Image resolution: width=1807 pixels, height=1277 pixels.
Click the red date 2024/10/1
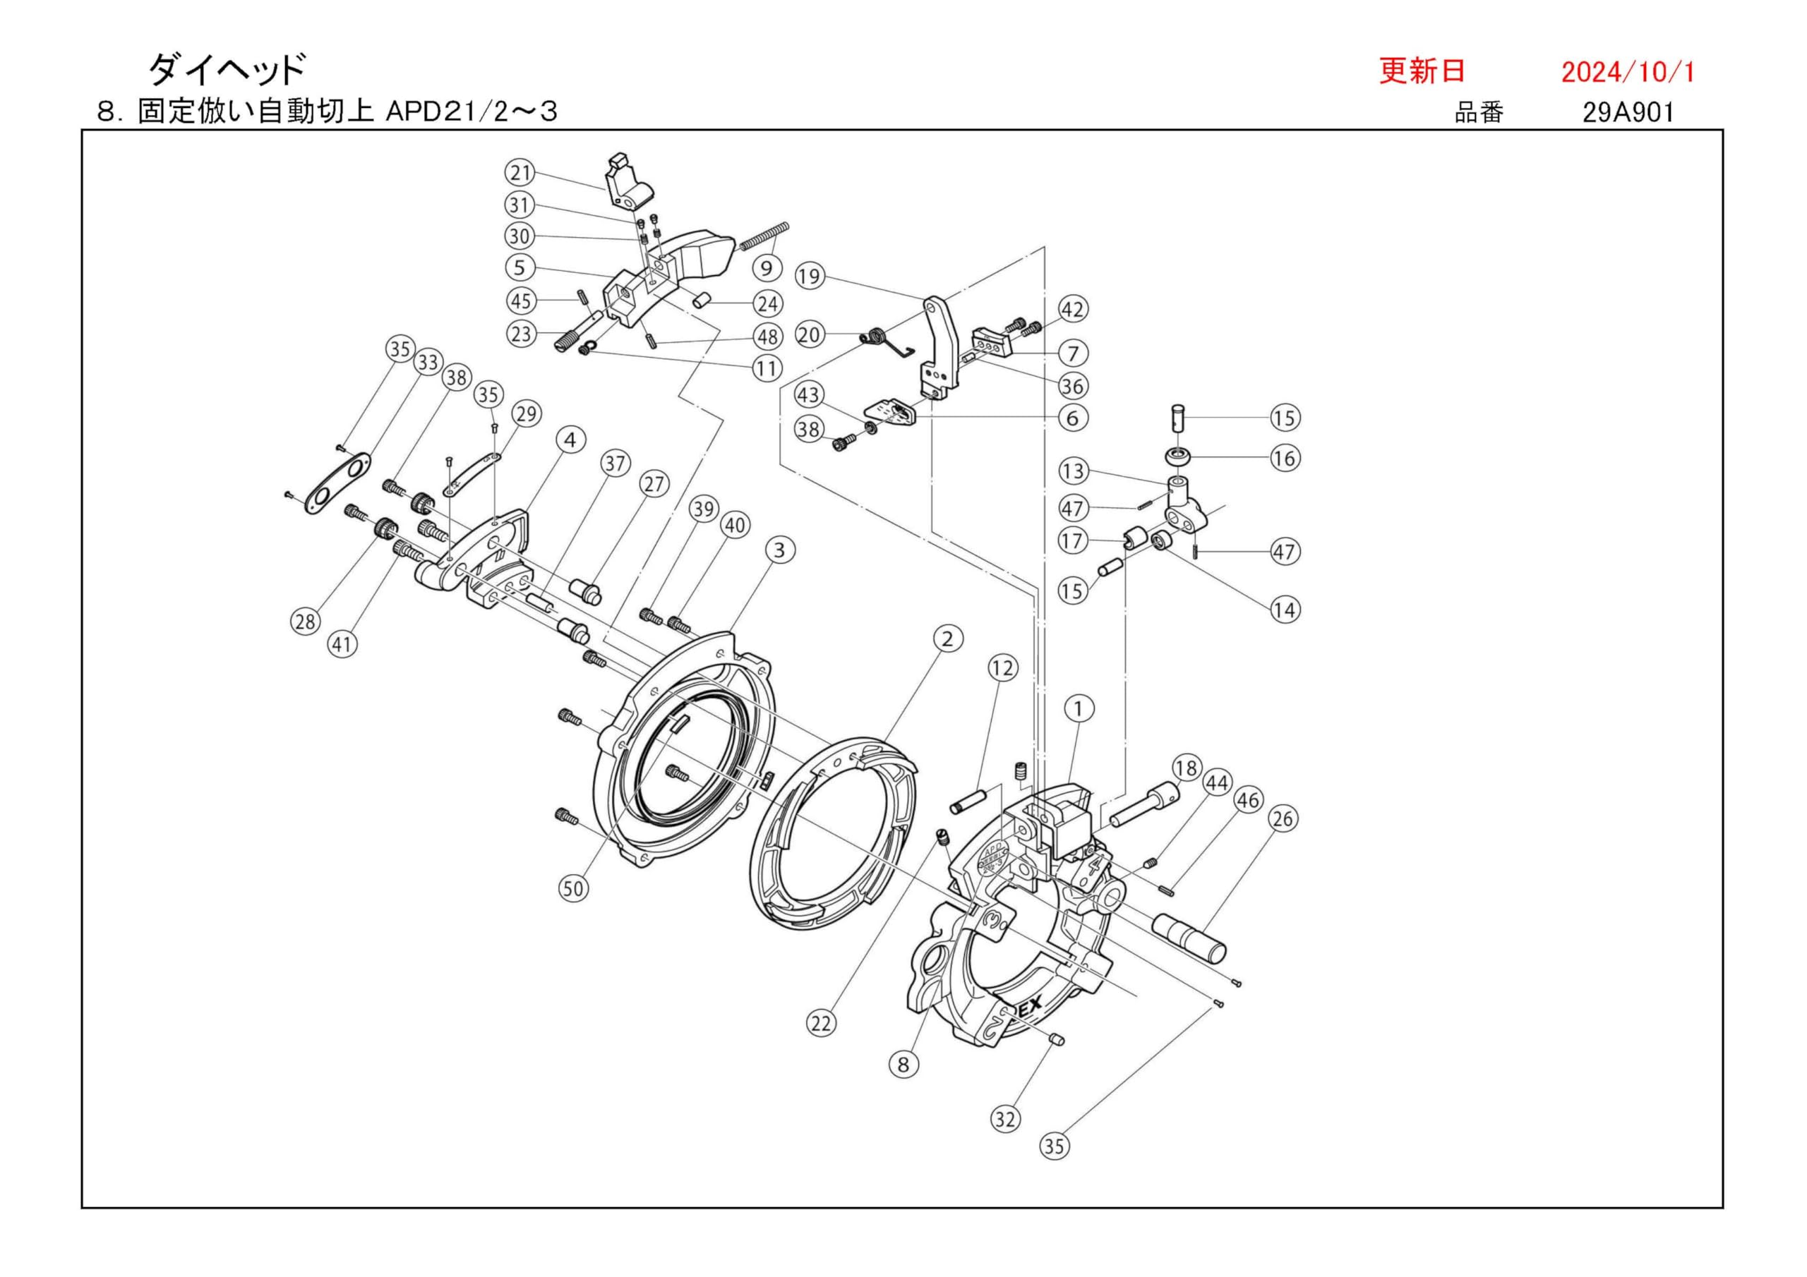(x=1627, y=73)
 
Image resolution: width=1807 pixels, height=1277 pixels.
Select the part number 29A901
(x=1628, y=112)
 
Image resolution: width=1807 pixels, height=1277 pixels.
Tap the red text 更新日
(x=1422, y=71)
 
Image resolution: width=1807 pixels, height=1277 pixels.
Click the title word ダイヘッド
(x=226, y=70)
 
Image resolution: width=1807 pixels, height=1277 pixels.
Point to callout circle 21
(x=520, y=172)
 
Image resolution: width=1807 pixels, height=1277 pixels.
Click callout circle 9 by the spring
(x=767, y=267)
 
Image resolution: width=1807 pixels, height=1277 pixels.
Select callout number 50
(x=573, y=889)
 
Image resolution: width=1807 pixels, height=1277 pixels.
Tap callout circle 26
(x=1282, y=819)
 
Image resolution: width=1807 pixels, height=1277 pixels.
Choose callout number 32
(x=1005, y=1119)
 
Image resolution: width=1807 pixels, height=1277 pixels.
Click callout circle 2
(x=947, y=639)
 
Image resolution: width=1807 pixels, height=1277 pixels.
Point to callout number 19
(x=808, y=276)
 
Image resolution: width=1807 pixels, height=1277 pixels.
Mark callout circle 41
(x=342, y=645)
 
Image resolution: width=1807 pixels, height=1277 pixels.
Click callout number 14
(x=1285, y=609)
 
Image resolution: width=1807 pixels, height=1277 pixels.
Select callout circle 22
(x=820, y=1024)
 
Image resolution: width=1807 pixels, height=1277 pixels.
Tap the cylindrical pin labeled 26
(x=1189, y=940)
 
